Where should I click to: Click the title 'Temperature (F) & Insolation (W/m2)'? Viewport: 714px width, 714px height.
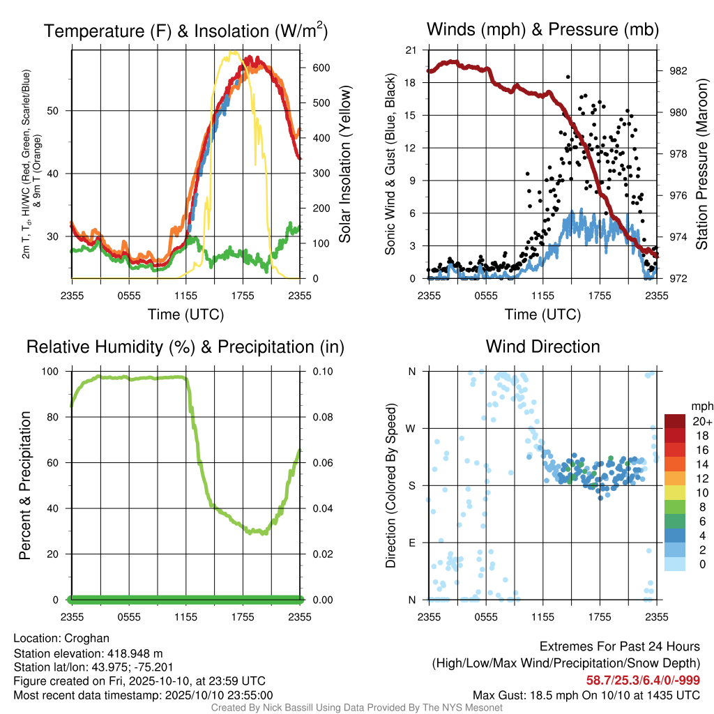click(x=185, y=30)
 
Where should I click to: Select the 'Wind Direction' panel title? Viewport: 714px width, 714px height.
click(x=542, y=347)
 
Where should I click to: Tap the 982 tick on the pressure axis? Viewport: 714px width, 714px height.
click(x=678, y=71)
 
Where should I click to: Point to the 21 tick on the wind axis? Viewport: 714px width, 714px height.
click(x=411, y=50)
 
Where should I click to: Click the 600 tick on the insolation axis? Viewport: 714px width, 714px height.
click(x=321, y=68)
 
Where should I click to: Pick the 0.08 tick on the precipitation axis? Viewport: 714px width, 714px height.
click(x=322, y=417)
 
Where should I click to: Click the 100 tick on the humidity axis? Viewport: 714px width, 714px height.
click(x=50, y=372)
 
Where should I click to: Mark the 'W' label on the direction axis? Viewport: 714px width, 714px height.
click(x=410, y=429)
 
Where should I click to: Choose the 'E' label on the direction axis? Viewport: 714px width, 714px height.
click(x=411, y=542)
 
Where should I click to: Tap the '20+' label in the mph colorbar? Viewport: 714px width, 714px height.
click(x=701, y=421)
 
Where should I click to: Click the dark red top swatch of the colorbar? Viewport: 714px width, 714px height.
click(x=675, y=421)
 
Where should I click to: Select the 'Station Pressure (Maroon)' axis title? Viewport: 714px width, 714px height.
click(x=701, y=164)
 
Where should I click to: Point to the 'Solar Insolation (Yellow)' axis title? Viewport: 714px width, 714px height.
click(x=344, y=164)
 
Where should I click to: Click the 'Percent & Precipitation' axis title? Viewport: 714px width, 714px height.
click(x=24, y=485)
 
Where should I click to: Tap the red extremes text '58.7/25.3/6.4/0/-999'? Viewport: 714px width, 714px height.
click(x=642, y=681)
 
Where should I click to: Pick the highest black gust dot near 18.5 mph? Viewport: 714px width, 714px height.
click(x=568, y=77)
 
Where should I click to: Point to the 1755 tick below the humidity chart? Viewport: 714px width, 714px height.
click(x=243, y=617)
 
